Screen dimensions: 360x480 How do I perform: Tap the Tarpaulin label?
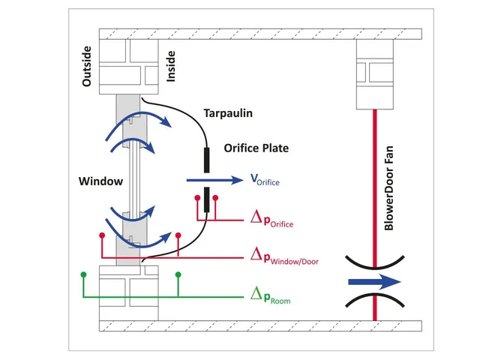click(x=226, y=113)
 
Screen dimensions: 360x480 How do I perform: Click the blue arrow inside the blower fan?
click(x=373, y=283)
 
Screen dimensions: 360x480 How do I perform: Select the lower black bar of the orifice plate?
click(x=206, y=200)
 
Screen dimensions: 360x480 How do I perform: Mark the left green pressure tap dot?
click(x=83, y=274)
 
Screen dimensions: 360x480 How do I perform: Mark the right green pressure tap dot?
click(x=178, y=274)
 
